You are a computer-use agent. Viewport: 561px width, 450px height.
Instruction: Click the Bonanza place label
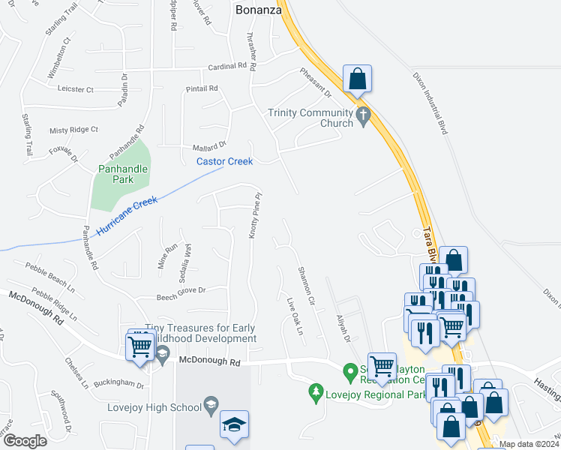pos(258,10)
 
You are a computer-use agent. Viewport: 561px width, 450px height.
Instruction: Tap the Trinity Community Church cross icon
pos(364,118)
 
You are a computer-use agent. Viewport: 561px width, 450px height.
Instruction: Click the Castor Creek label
pos(224,161)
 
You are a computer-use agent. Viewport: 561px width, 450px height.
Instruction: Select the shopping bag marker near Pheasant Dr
pos(358,79)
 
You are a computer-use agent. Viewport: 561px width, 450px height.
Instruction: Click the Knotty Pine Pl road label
pos(255,216)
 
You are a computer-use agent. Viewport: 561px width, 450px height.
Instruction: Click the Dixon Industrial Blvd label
pos(430,103)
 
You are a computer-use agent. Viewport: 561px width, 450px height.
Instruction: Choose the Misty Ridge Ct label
pos(73,130)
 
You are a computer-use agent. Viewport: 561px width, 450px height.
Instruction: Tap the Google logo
pos(25,441)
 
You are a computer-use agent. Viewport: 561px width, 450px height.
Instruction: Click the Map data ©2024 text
pos(529,444)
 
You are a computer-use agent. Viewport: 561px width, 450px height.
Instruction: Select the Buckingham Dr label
pos(121,383)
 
